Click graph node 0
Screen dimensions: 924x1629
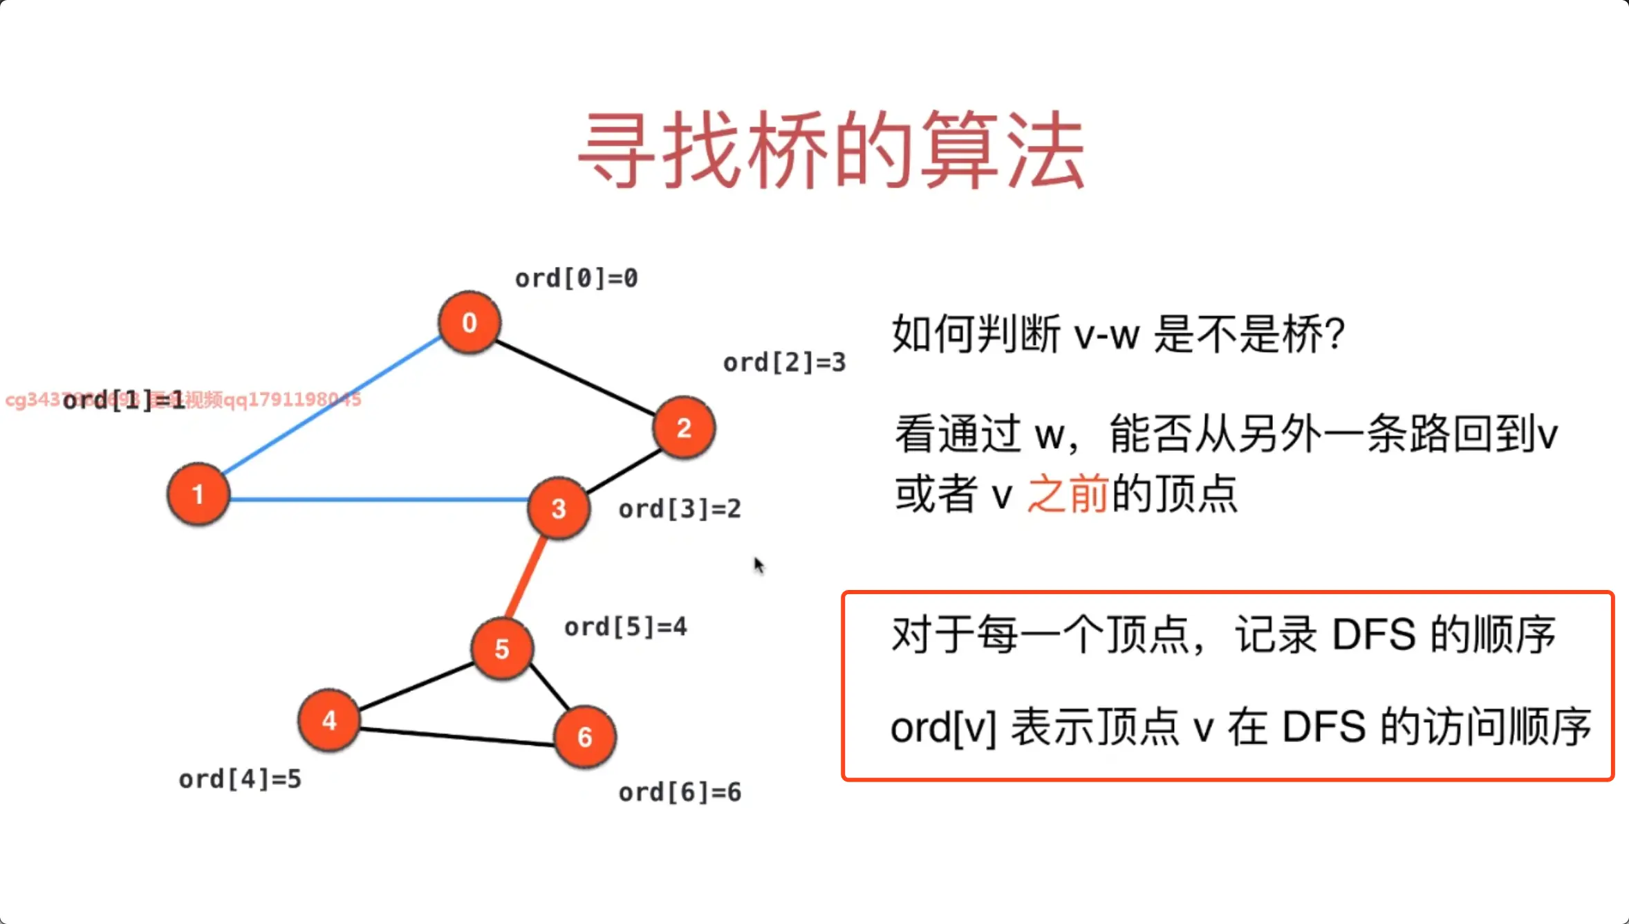[469, 322]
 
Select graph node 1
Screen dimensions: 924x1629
[198, 494]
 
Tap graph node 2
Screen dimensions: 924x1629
[684, 427]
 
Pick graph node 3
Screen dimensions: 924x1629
[559, 508]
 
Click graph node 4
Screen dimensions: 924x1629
[329, 720]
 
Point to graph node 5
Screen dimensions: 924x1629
[502, 649]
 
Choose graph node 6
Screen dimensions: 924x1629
[585, 737]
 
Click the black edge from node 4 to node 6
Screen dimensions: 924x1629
[456, 736]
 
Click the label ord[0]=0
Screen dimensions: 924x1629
[577, 278]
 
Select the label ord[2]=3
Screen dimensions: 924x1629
[784, 362]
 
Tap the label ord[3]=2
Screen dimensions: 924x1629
[680, 509]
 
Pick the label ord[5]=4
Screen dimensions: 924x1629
[626, 627]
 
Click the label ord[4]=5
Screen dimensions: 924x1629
[240, 779]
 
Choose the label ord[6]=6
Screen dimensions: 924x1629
[680, 792]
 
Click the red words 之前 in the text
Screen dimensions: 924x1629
[1068, 494]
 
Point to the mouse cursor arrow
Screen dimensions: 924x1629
[758, 564]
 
